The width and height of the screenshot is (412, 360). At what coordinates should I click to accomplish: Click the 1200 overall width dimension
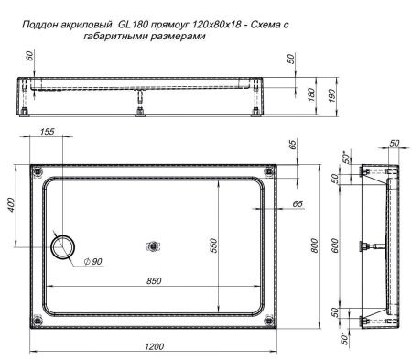pos(153,345)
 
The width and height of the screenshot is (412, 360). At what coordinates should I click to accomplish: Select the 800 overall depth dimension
pos(315,245)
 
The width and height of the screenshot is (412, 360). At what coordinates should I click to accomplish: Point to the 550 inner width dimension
pos(212,245)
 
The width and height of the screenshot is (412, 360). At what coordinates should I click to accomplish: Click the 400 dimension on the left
pos(12,206)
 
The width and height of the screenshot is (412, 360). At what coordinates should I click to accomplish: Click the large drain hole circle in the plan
pos(66,245)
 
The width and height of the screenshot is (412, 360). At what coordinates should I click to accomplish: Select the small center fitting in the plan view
pos(153,245)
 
